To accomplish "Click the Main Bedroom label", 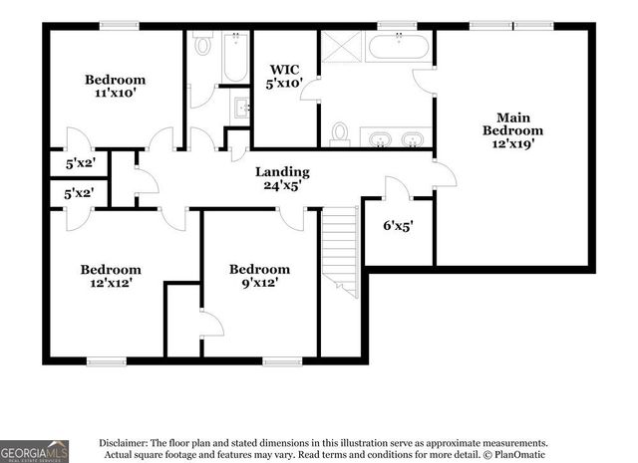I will click(512, 122).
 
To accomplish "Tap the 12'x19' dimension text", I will click(512, 143).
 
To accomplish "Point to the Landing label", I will click(281, 171).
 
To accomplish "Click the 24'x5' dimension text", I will click(281, 184).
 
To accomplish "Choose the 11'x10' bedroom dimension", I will click(115, 93).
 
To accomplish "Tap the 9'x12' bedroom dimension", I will click(259, 282).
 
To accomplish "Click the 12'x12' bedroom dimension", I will click(111, 282).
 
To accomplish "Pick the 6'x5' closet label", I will click(398, 226).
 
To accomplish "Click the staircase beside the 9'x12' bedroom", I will click(339, 254).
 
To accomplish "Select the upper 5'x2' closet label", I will click(79, 161).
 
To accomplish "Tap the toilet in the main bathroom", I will click(339, 133).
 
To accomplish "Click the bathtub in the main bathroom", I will click(399, 46).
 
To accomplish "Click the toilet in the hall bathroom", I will click(202, 45).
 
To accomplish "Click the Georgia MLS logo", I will click(35, 450).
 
